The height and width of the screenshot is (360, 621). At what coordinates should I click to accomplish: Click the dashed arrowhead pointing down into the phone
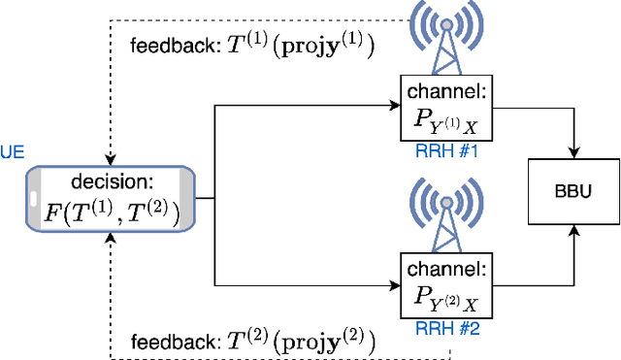tap(111, 160)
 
